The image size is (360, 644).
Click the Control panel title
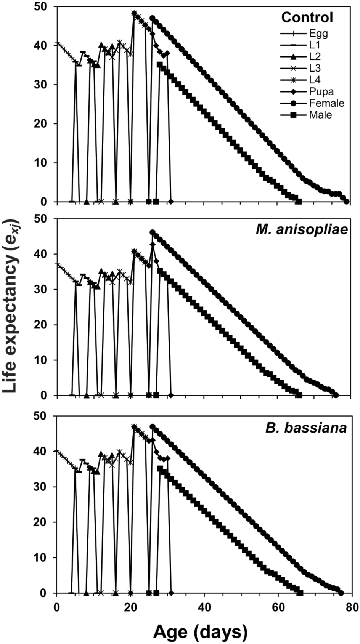[307, 18]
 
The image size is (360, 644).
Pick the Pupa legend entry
[321, 92]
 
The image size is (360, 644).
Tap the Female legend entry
[326, 103]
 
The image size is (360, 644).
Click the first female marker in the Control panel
[153, 18]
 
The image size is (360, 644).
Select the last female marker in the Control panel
[346, 202]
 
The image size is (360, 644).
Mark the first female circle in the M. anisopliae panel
[153, 232]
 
